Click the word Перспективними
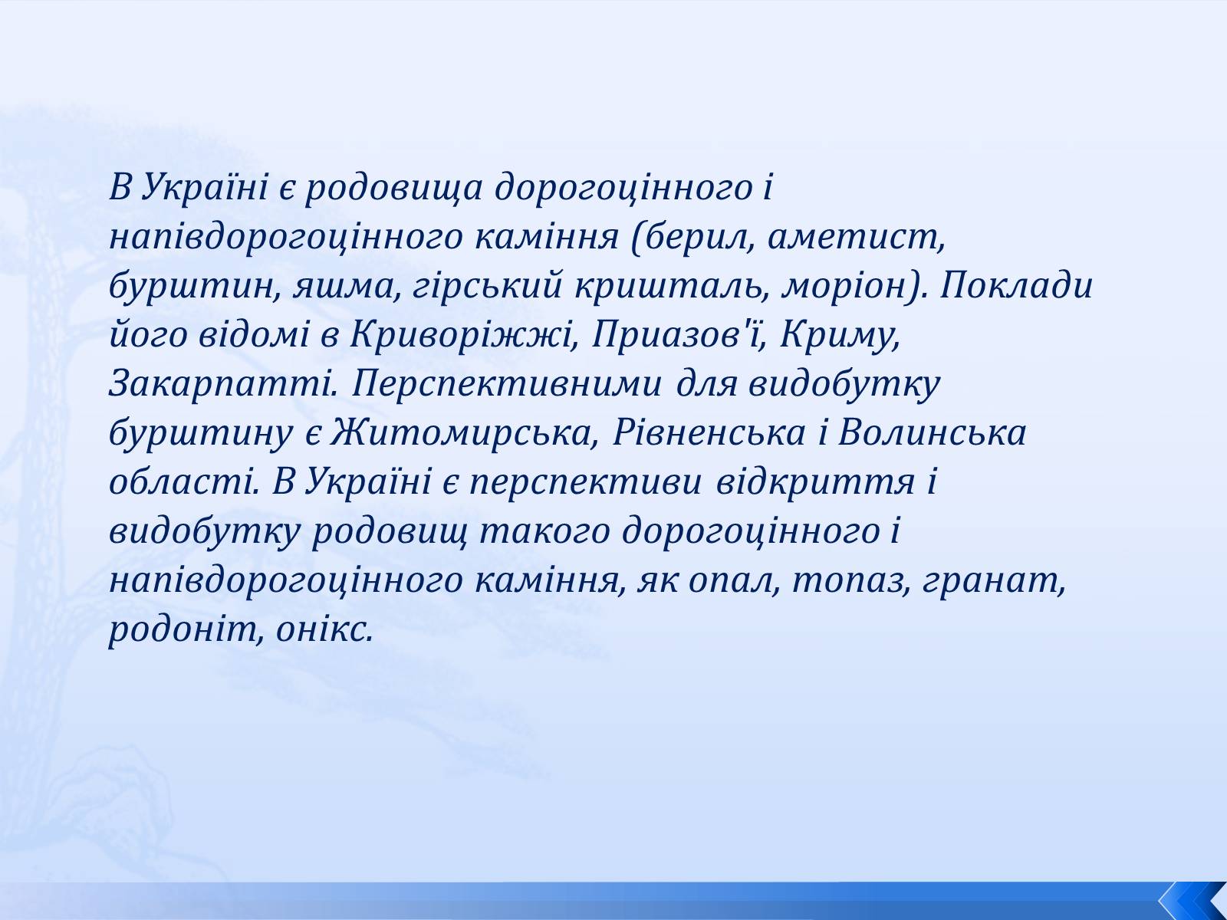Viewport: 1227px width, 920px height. coord(507,385)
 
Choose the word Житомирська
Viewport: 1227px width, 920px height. coord(461,433)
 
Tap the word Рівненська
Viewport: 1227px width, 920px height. coord(709,433)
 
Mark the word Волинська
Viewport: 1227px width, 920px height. coord(932,433)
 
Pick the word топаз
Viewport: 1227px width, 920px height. coord(849,582)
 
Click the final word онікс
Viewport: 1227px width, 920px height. coord(324,631)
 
